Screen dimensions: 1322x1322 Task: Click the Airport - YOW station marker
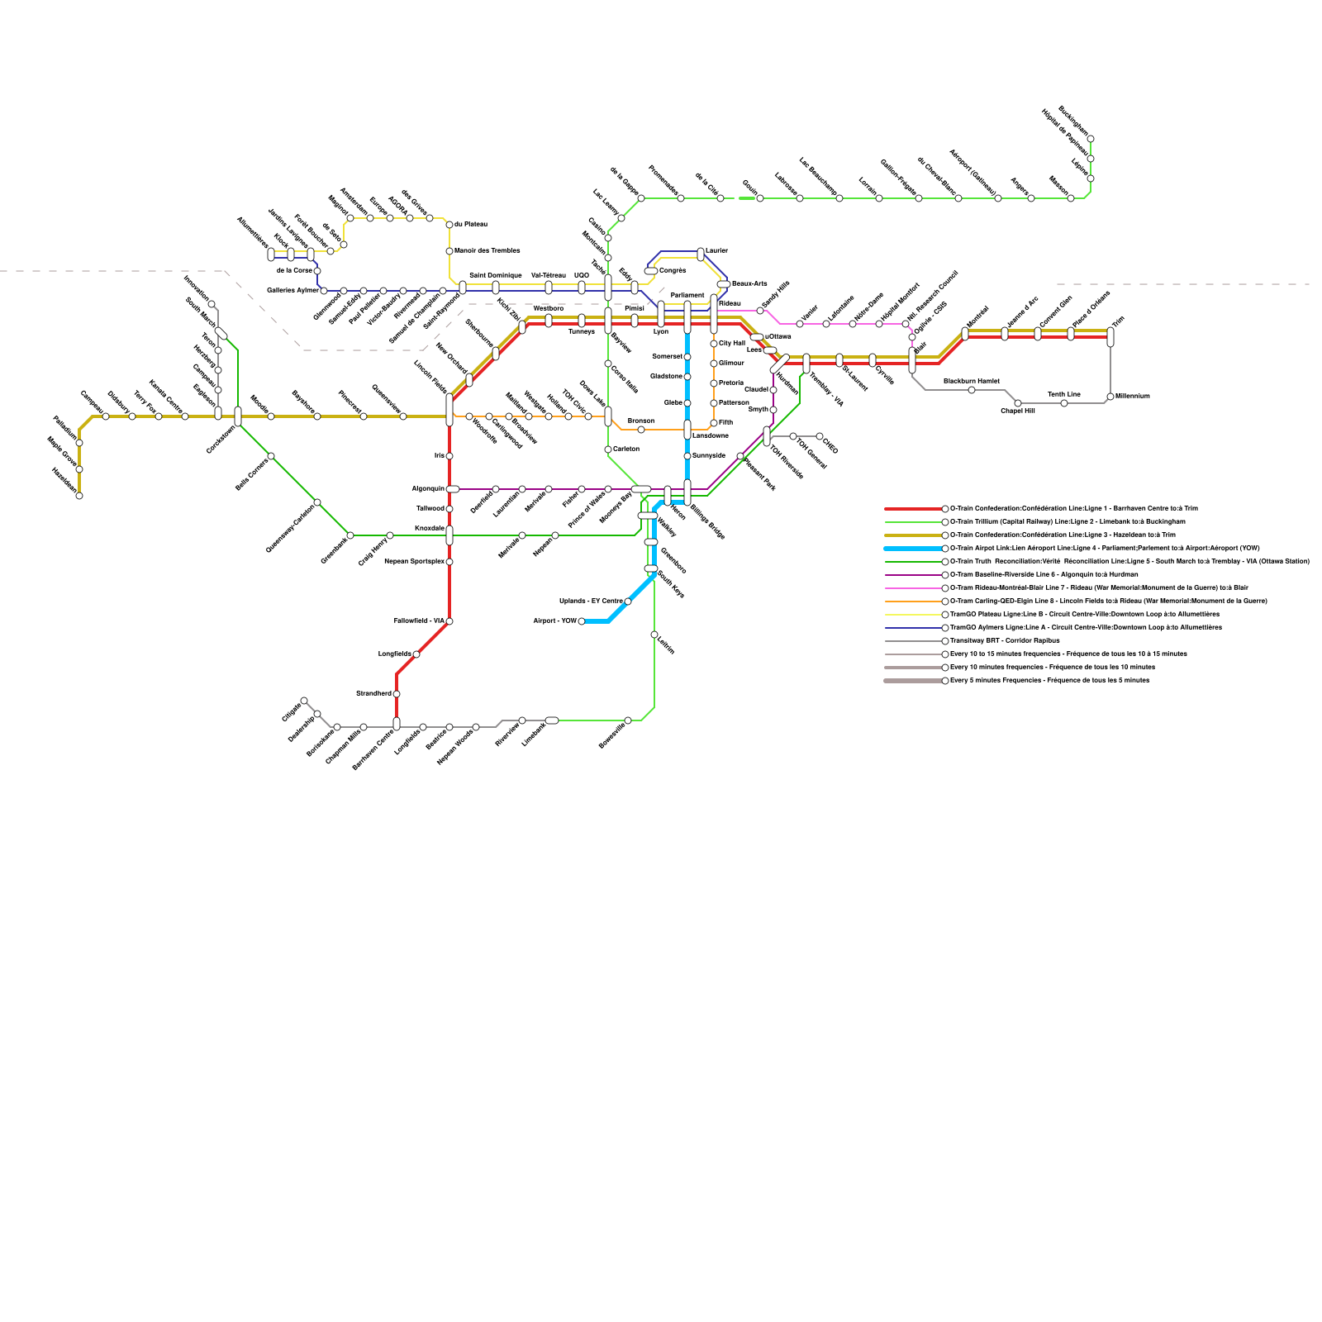[582, 621]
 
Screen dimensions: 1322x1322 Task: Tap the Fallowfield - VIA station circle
[449, 621]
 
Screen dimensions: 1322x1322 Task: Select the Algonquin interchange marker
[453, 489]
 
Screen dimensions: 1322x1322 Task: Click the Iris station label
[439, 456]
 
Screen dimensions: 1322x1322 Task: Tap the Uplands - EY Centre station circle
[628, 602]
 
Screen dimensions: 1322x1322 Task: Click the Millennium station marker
[1110, 397]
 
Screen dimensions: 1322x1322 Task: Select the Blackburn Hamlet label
[971, 381]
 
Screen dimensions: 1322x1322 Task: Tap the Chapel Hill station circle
[1018, 403]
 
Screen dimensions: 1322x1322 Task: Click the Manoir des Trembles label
[487, 251]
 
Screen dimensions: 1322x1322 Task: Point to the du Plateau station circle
[449, 225]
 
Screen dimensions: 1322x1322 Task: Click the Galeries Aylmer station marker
[324, 291]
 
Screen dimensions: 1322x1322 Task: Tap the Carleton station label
[626, 449]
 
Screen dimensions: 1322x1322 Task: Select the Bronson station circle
[641, 430]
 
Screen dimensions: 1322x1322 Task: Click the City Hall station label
[732, 344]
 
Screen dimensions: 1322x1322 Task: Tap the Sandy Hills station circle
[760, 311]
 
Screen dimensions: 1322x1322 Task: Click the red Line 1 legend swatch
[912, 509]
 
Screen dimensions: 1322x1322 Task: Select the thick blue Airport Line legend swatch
[912, 549]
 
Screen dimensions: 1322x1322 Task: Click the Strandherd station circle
[397, 694]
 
